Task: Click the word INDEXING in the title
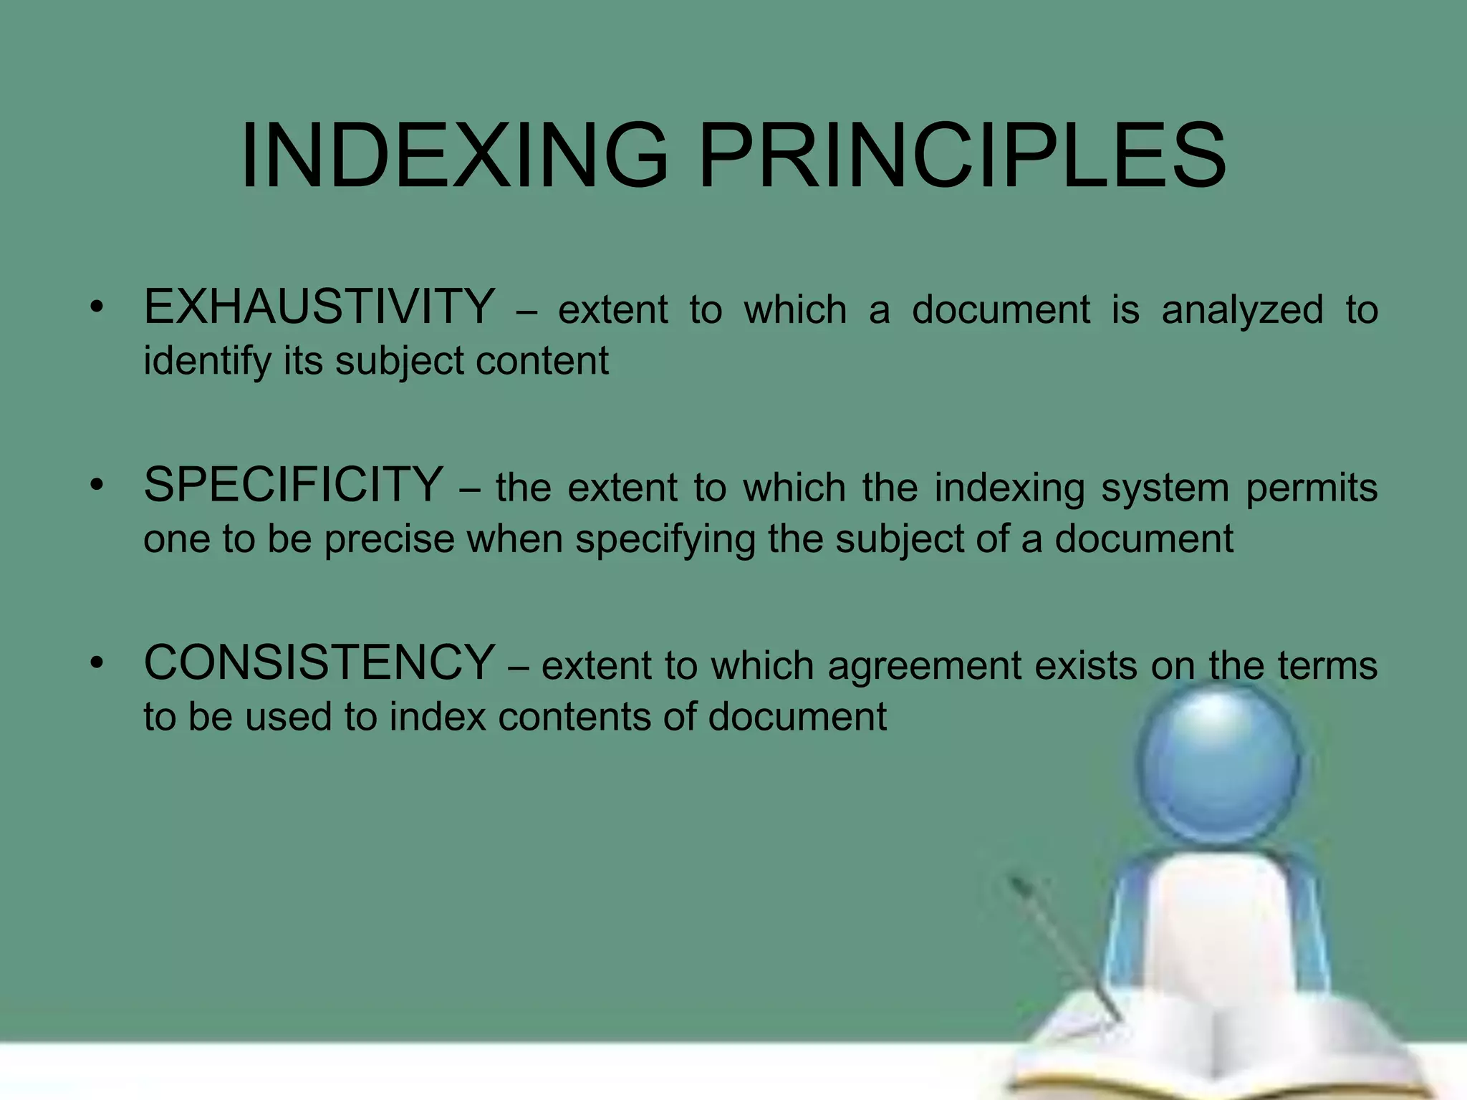pyautogui.click(x=454, y=155)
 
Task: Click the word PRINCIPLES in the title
pyautogui.click(x=963, y=155)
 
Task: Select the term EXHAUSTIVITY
pyautogui.click(x=319, y=307)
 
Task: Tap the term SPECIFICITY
pyautogui.click(x=294, y=485)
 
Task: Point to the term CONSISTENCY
pyautogui.click(x=319, y=662)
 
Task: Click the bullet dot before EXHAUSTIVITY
pyautogui.click(x=97, y=309)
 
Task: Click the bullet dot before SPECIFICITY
pyautogui.click(x=97, y=486)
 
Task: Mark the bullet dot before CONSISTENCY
pyautogui.click(x=97, y=664)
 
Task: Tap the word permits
pyautogui.click(x=1312, y=489)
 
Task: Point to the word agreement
pyautogui.click(x=925, y=667)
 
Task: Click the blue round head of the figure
pyautogui.click(x=1218, y=763)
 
